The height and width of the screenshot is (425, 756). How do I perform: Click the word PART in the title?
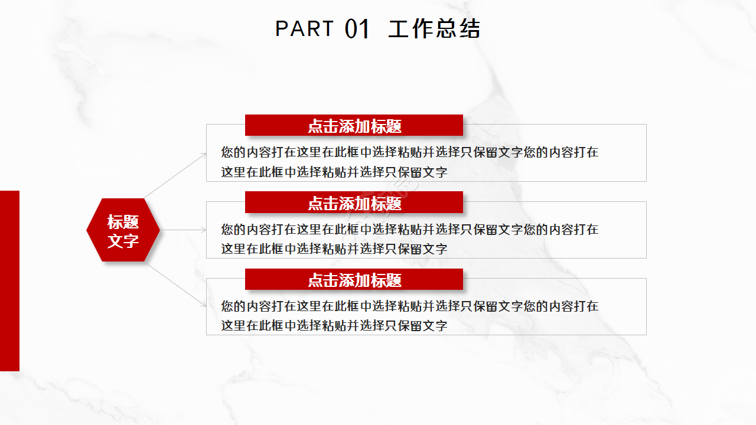point(304,28)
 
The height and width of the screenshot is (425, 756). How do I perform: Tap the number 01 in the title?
point(357,29)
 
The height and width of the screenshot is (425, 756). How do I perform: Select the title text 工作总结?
point(434,29)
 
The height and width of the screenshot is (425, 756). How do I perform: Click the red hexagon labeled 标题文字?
point(123,230)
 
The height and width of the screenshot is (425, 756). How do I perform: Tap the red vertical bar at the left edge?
point(9,280)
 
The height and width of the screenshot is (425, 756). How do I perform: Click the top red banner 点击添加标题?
point(354,125)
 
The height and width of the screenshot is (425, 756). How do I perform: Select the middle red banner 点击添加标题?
point(354,202)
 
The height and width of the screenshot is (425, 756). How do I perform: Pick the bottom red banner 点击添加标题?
point(354,279)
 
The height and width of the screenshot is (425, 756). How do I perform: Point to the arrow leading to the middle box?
point(183,230)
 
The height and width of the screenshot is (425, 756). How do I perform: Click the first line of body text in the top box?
point(409,152)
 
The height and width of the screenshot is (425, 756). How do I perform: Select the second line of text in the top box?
point(334,172)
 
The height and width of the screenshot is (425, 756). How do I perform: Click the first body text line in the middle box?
point(409,229)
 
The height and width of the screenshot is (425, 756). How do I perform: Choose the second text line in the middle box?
point(334,249)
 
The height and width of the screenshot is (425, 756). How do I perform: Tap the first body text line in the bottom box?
point(409,306)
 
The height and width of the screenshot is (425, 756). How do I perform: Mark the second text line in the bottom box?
point(334,326)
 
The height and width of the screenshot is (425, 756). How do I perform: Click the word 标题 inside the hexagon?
point(123,222)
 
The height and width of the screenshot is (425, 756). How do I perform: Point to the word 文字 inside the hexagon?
point(123,240)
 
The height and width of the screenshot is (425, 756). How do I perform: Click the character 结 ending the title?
point(470,29)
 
